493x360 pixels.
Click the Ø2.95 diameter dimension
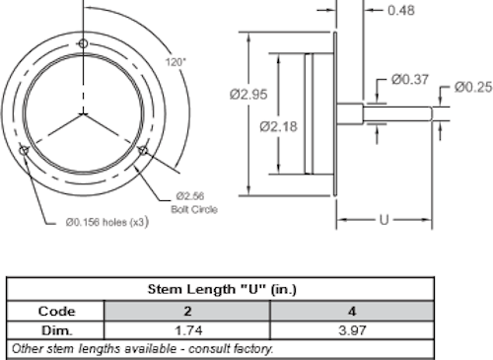coord(248,95)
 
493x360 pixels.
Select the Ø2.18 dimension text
coord(278,126)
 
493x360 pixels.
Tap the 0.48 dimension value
coord(401,11)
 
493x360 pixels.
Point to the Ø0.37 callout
coord(410,80)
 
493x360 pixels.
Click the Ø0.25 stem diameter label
coord(473,88)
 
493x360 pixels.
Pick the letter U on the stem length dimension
coord(384,220)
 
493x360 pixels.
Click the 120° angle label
coord(176,62)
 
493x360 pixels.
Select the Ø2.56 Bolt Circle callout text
coord(194,203)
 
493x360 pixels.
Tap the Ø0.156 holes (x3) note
coord(107,222)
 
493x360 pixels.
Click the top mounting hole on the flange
coord(83,43)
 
